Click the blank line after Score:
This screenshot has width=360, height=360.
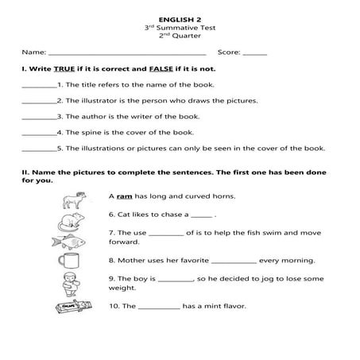click(x=254, y=53)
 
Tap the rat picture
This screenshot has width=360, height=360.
click(x=70, y=217)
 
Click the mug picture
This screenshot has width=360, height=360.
click(x=70, y=260)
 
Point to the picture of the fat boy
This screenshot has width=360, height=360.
click(x=70, y=282)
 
